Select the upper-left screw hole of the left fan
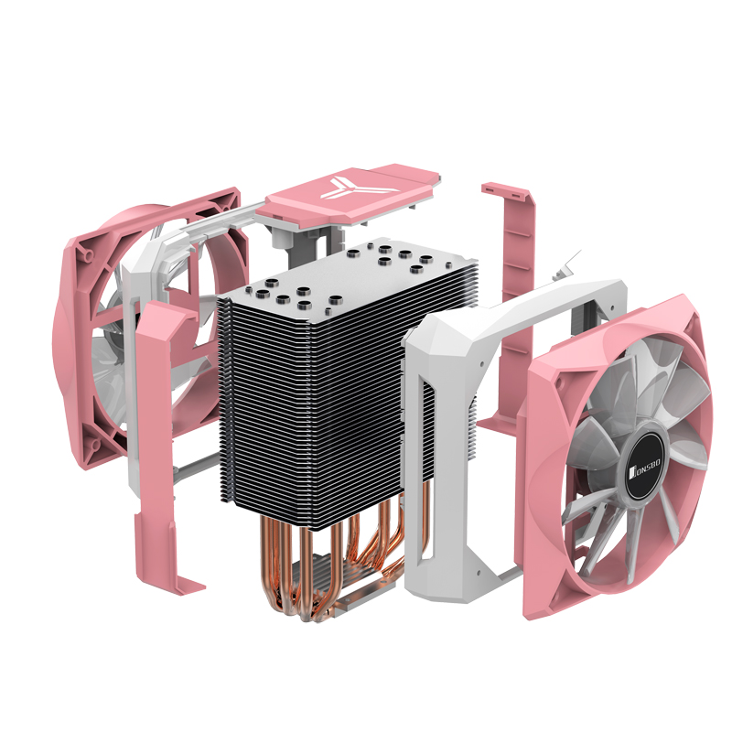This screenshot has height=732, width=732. click(88, 254)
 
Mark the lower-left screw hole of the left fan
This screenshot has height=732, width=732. click(96, 444)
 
